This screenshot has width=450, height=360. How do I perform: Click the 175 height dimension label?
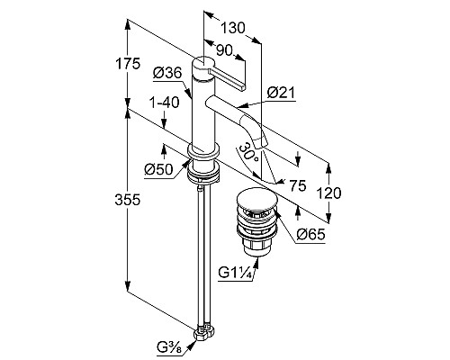point(128,64)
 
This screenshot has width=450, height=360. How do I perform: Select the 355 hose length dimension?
point(127,200)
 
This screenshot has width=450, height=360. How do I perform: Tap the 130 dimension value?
point(233,28)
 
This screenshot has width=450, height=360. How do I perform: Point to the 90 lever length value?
point(224,50)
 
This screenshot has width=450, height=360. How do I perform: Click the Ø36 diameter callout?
point(167,73)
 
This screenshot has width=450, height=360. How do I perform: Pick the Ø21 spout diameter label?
point(281,93)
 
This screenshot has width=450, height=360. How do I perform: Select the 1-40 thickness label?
point(164,103)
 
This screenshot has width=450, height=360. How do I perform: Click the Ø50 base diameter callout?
point(158,170)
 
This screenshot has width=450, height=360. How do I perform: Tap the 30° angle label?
point(247,151)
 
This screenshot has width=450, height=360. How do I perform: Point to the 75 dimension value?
point(298,185)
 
